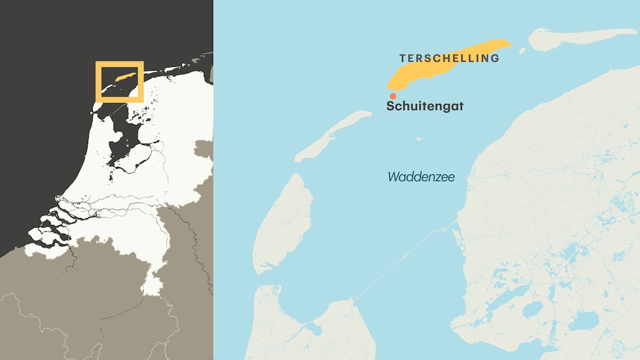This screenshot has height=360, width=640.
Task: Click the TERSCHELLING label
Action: [x=449, y=58]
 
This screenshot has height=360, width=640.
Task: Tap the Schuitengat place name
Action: [x=425, y=106]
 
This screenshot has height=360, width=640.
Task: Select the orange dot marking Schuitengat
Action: [x=392, y=96]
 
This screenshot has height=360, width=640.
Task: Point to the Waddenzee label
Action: [x=421, y=177]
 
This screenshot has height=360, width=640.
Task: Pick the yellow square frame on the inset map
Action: [x=119, y=64]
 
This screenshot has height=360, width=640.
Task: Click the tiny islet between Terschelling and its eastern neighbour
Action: [x=523, y=49]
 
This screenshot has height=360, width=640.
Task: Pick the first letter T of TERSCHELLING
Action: [x=402, y=58]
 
